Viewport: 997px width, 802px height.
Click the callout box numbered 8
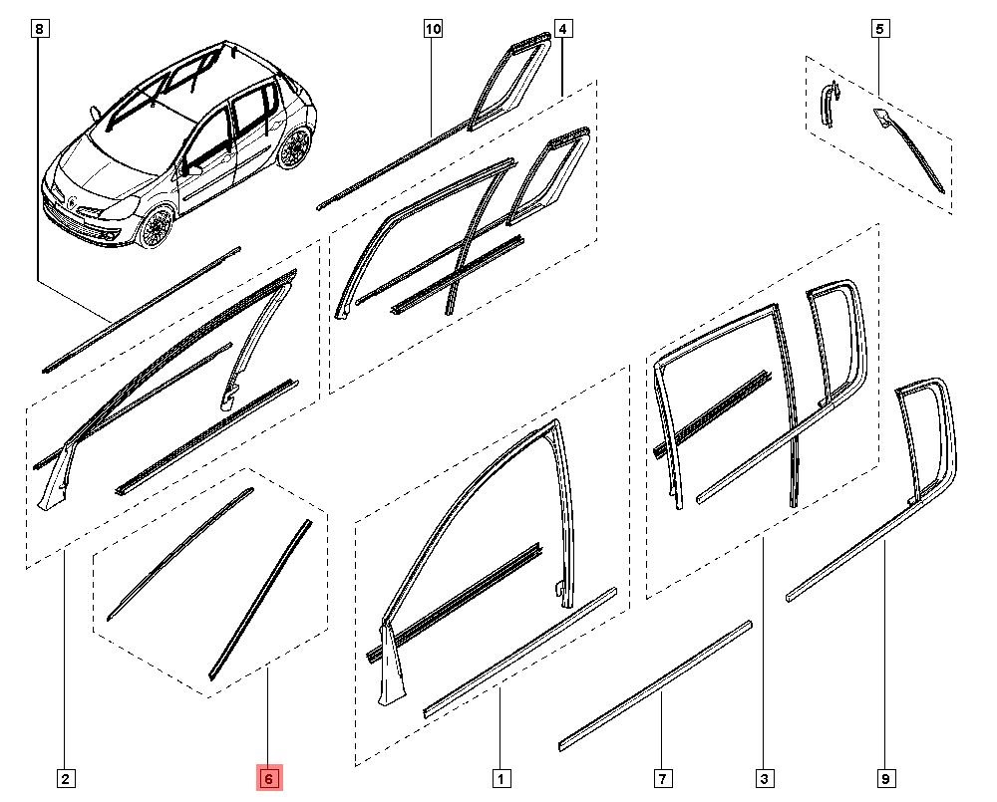pos(40,29)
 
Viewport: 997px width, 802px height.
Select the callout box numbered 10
pos(433,29)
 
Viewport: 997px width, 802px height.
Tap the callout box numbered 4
pos(563,29)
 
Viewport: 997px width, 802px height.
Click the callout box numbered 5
pos(880,29)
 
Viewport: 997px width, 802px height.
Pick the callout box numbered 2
pos(66,778)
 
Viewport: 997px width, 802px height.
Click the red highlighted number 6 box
pos(268,778)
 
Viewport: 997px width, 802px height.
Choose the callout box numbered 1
pos(501,778)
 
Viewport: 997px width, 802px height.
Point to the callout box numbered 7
pos(663,778)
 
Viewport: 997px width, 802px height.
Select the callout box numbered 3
pos(765,778)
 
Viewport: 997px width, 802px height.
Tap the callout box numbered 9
pos(885,778)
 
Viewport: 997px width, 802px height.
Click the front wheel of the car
pos(156,226)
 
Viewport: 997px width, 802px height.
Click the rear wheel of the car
pos(294,147)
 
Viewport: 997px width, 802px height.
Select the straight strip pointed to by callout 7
pos(655,686)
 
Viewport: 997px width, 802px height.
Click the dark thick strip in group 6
pos(260,600)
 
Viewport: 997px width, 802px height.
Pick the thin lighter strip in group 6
pos(179,554)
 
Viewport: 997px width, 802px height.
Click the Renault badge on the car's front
pos(73,202)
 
